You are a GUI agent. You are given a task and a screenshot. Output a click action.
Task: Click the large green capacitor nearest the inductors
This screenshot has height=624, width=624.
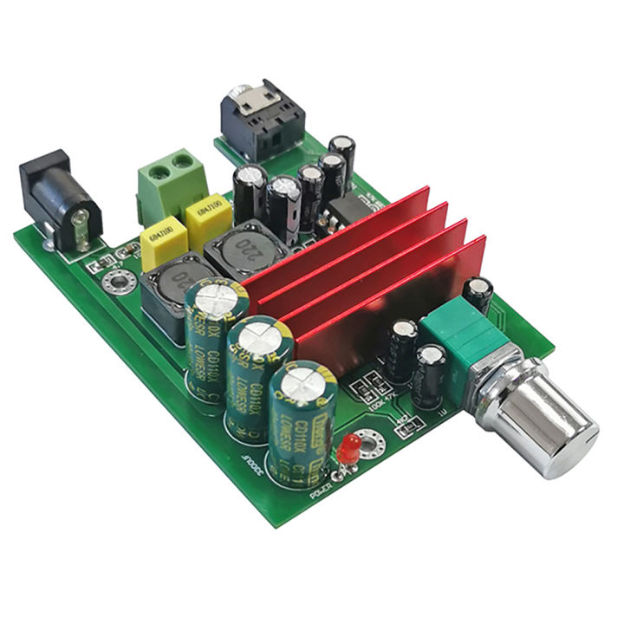214,339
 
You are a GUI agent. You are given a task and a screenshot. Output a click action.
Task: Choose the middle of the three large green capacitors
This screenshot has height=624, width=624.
257,377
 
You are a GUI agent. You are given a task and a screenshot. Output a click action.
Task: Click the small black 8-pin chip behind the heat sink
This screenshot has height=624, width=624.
348,208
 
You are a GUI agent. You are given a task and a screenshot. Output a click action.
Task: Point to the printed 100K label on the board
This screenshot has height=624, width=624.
375,401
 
